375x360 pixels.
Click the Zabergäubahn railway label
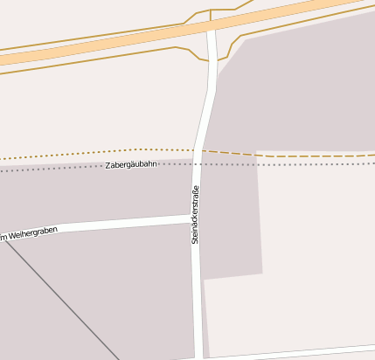point(131,164)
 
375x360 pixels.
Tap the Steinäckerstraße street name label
point(196,214)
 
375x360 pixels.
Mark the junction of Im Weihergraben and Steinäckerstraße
point(195,218)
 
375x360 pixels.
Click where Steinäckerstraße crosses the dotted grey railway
point(198,163)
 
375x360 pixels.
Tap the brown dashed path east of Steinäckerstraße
point(288,156)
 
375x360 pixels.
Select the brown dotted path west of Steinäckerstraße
point(87,153)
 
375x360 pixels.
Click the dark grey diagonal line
point(61,302)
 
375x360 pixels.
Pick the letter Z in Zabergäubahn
point(108,165)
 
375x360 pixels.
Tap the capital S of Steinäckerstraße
point(196,240)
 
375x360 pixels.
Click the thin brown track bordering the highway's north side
point(105,36)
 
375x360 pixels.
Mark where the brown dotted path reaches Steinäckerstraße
point(200,150)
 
